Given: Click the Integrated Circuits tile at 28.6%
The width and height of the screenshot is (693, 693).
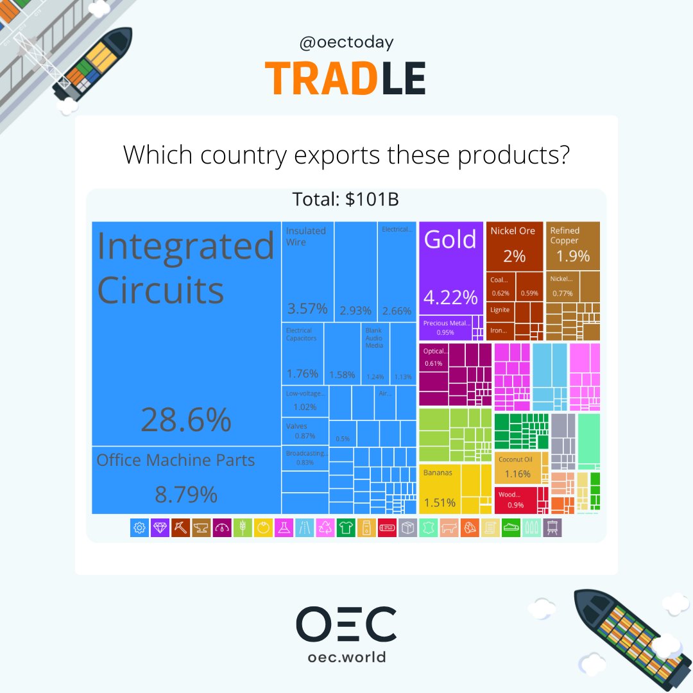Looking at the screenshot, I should coord(186,334).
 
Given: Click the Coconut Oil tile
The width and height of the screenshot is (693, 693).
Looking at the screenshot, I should coord(522,468).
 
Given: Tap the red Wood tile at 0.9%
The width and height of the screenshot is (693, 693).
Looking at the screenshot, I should coord(515,500).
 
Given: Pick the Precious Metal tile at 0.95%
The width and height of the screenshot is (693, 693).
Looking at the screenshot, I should coord(445,327).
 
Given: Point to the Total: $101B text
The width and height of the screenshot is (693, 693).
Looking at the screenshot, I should coord(346,200).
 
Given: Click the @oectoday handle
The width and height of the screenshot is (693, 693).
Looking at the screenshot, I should coord(346,43).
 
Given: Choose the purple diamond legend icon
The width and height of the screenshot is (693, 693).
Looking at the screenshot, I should coord(160,527).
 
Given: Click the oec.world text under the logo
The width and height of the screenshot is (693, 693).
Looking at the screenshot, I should coord(346,657).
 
